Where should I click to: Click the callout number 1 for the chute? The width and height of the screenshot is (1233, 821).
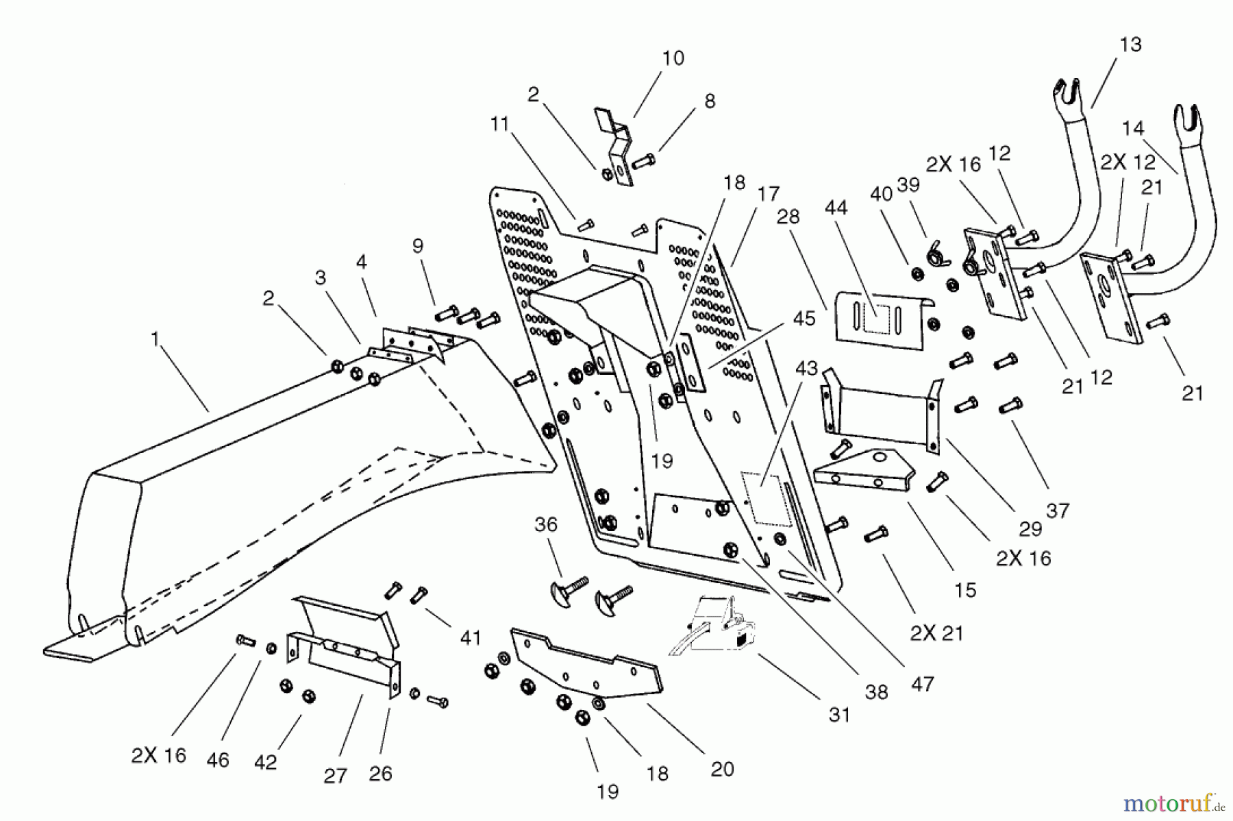pos(155,339)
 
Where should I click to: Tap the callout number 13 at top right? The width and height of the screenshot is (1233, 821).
pos(1130,45)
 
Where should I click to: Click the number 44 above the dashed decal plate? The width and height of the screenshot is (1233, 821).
pos(836,207)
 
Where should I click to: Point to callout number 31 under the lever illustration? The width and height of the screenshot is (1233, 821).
pos(839,715)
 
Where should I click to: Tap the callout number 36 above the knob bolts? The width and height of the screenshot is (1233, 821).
pos(546,525)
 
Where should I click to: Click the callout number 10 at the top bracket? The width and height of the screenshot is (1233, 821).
pos(673,58)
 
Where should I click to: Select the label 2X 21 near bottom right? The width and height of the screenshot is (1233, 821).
pos(936,633)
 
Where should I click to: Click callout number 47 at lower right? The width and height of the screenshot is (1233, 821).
pos(923,683)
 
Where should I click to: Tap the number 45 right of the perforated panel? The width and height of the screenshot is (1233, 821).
pos(804,319)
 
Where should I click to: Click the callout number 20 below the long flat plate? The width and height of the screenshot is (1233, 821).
pos(722,769)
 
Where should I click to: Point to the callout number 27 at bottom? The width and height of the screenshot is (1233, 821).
pos(335,775)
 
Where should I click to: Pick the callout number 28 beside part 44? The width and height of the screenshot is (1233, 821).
pos(788,217)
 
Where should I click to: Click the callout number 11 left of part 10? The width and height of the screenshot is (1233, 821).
pos(500,124)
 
